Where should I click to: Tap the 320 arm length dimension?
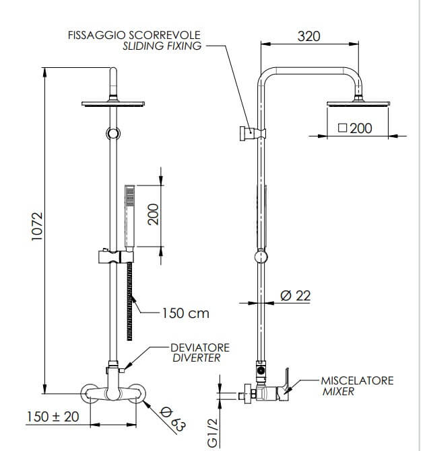(308, 36)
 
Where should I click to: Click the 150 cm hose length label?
(185, 313)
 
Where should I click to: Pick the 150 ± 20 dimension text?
(53, 417)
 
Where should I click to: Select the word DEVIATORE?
(201, 347)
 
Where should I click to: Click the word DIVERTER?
(196, 358)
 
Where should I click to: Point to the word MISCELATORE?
(357, 380)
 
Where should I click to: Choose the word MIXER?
(338, 391)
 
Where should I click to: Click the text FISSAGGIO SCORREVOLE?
(134, 35)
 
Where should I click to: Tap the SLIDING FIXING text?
(162, 46)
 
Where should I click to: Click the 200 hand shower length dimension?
(153, 215)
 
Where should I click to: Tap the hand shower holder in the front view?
(114, 256)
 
